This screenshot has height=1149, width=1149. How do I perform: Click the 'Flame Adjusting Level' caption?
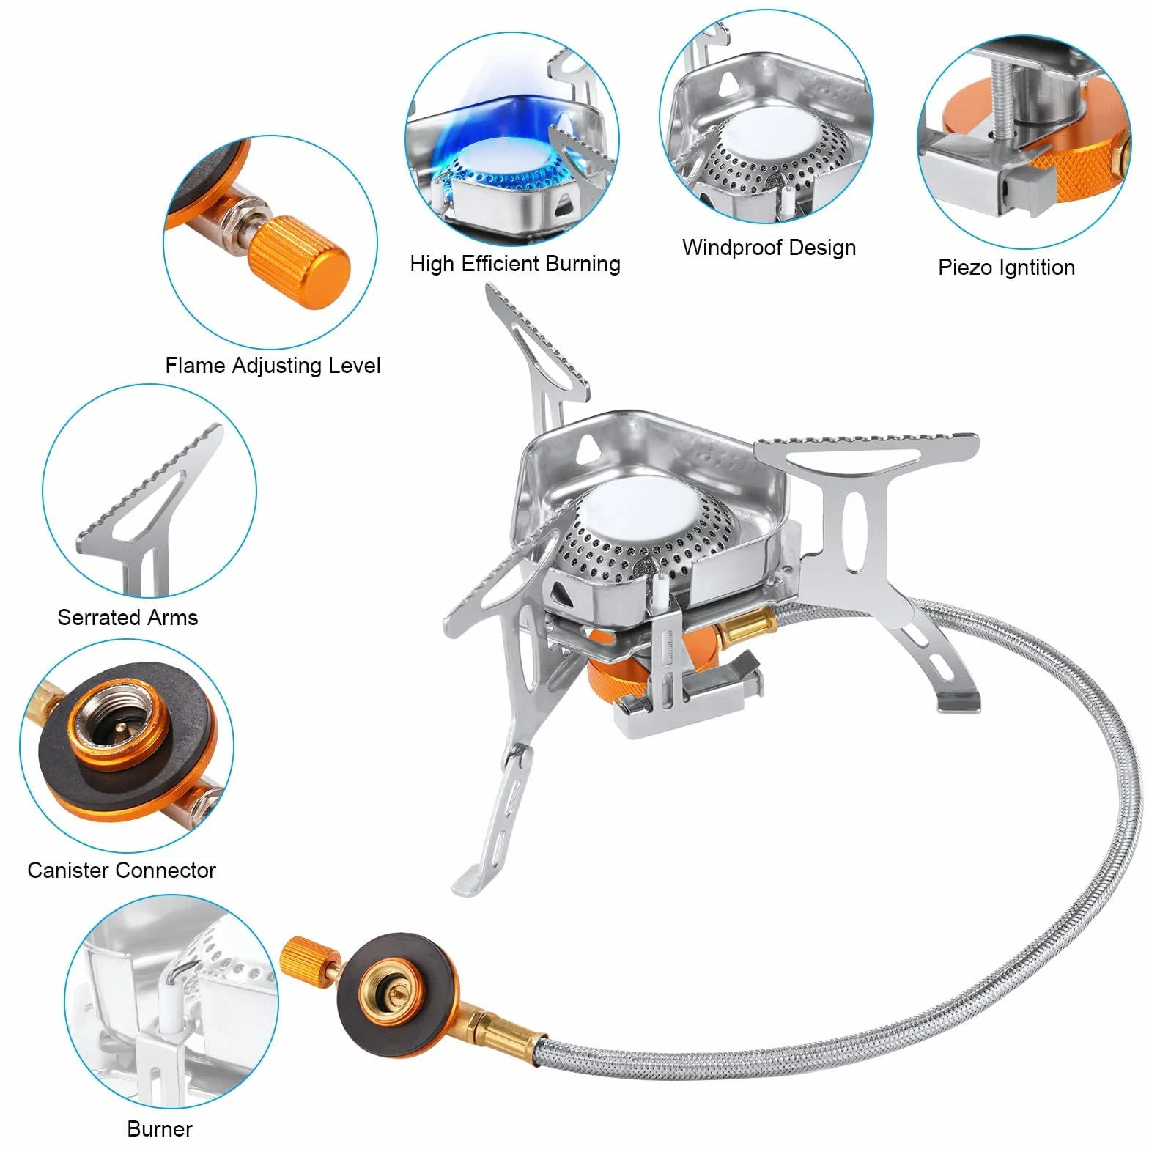[273, 366]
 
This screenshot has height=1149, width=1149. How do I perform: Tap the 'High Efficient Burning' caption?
[515, 264]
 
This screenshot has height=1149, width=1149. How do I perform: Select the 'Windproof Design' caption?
[769, 248]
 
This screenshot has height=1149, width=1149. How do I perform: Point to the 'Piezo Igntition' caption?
[1006, 267]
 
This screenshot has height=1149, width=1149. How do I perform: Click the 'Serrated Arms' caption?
[128, 618]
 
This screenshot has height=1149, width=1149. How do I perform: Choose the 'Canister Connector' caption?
[122, 871]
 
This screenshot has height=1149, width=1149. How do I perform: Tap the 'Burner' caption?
[160, 1128]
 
